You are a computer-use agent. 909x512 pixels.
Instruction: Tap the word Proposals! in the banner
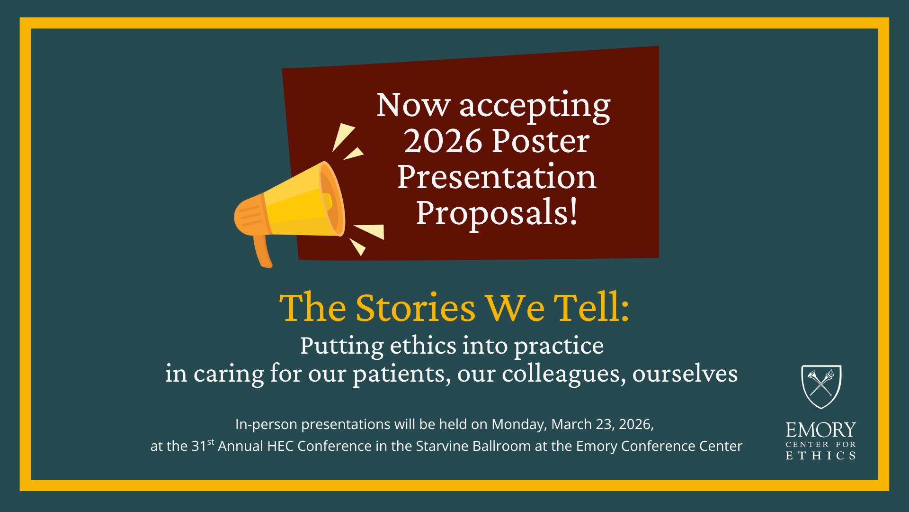[497, 213]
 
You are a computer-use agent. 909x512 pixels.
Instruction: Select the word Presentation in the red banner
[497, 177]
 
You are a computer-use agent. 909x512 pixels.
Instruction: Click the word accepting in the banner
[535, 107]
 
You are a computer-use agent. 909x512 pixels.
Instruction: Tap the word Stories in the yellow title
[415, 308]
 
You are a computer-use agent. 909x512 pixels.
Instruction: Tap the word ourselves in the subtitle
[685, 374]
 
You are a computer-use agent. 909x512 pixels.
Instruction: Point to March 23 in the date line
[583, 424]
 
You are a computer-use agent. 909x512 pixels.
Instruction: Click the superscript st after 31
[211, 442]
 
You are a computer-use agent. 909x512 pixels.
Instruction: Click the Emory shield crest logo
[821, 386]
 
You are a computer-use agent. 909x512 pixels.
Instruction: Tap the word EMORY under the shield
[821, 430]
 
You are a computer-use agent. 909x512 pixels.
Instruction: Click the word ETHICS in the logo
[821, 456]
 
